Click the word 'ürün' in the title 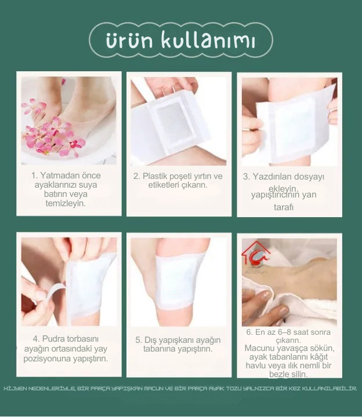126,41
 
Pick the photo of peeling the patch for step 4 69,281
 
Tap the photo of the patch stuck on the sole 179,281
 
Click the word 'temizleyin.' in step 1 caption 66,203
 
